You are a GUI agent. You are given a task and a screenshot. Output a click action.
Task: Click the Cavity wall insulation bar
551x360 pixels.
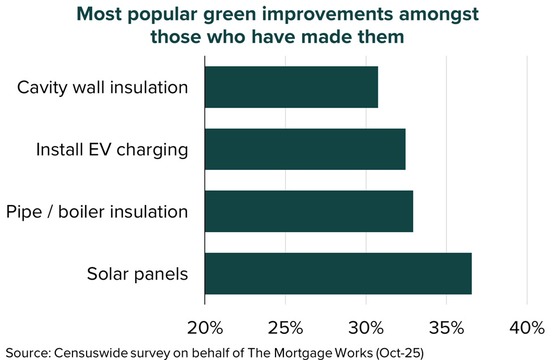[291, 87]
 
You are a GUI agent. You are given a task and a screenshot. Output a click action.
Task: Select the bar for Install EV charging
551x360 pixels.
[305, 149]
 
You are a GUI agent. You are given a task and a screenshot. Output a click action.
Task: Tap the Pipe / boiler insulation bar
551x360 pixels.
[309, 211]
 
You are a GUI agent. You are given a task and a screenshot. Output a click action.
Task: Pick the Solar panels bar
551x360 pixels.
[338, 273]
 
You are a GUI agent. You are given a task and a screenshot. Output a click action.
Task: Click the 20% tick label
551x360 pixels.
[205, 328]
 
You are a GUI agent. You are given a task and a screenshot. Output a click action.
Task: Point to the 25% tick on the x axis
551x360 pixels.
[285, 328]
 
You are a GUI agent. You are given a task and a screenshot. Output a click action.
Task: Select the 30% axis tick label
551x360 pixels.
[366, 328]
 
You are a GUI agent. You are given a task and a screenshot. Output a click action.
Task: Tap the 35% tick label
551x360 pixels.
[446, 328]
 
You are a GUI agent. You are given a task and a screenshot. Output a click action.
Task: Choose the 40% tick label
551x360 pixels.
[527, 328]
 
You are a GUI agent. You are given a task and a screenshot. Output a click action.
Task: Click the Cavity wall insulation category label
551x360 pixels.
[102, 88]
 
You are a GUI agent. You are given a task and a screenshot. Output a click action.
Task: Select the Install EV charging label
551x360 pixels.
[112, 150]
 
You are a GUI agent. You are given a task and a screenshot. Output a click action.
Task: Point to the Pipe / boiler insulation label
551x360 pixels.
[97, 212]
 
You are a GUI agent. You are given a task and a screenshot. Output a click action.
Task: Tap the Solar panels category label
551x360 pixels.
[137, 274]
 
